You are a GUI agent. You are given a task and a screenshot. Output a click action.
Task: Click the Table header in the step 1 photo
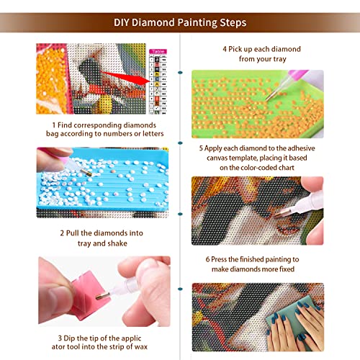[156, 52]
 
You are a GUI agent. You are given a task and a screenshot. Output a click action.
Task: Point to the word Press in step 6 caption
[224, 258]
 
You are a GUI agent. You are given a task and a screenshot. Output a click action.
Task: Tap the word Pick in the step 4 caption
[235, 49]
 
